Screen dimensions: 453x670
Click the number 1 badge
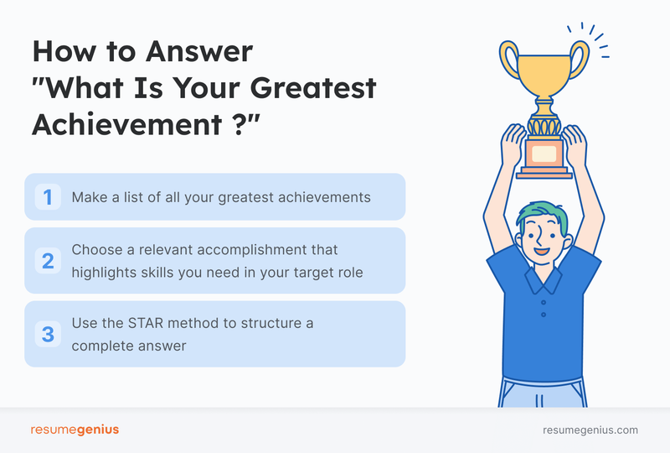point(48,197)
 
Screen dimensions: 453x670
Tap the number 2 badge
point(48,260)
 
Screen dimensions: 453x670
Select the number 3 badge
point(48,334)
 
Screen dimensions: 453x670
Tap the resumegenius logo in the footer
point(75,430)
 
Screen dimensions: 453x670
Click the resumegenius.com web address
point(590,430)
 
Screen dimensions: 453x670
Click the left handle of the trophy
point(510,63)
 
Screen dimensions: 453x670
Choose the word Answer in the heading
point(196,52)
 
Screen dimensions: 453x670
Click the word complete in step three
point(101,344)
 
